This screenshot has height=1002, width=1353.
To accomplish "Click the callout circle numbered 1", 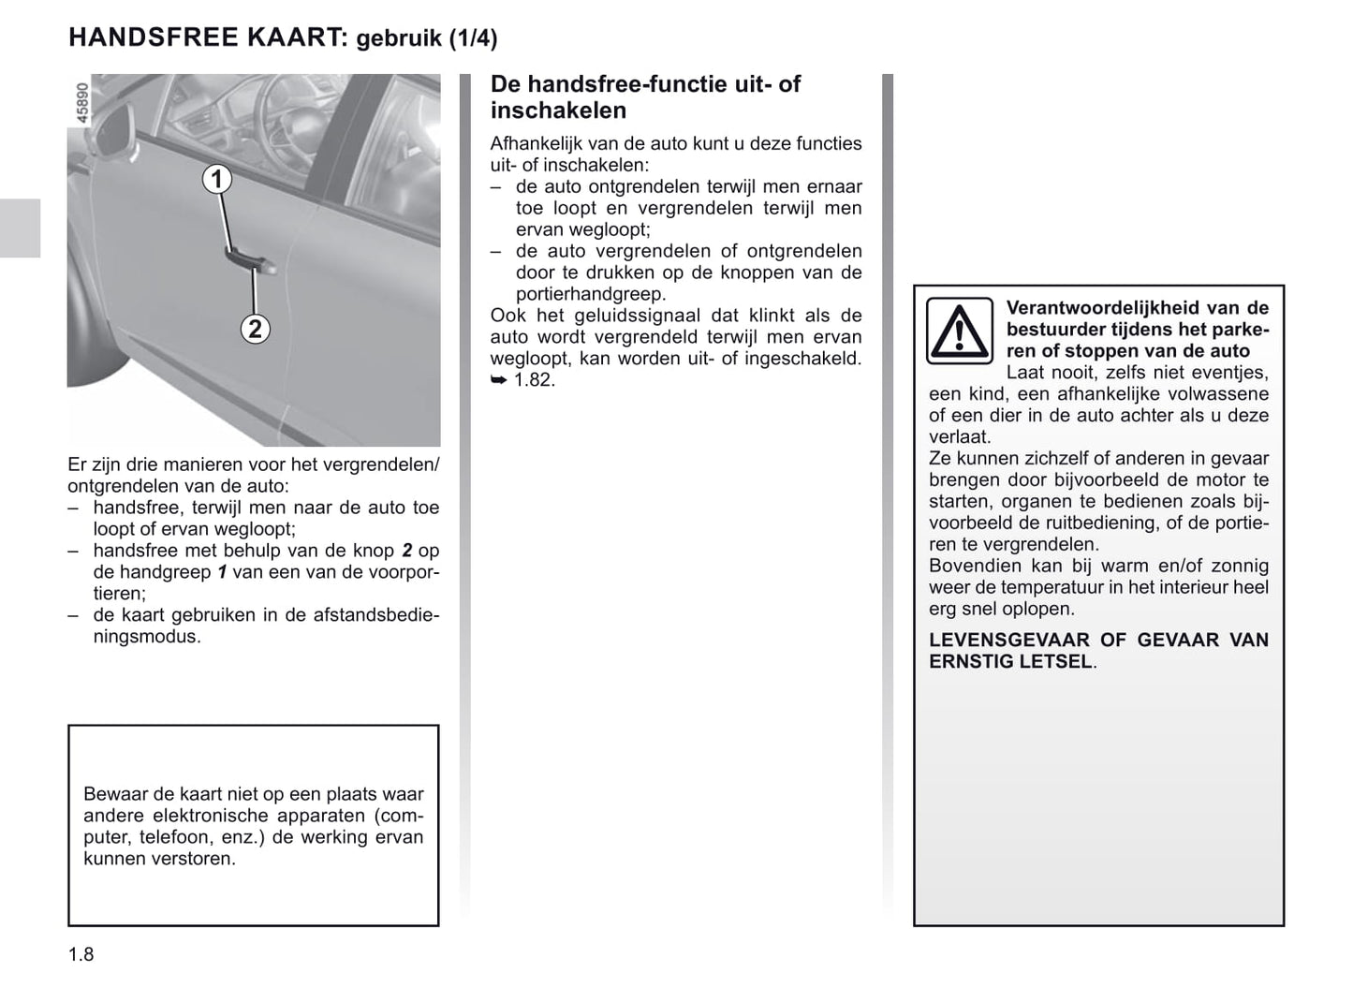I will point(217,179).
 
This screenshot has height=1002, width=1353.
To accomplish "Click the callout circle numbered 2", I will point(255,329).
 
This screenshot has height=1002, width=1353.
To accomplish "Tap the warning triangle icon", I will point(960,331).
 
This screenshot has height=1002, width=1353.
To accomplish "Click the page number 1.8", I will point(81,954).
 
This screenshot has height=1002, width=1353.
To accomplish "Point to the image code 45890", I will point(81,103).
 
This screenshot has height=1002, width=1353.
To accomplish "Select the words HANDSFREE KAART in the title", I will point(208,37).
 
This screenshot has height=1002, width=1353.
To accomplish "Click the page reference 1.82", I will point(534,380).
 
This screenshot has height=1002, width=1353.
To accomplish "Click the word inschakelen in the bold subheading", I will point(558,111).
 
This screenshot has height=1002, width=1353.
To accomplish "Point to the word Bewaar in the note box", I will point(113,794).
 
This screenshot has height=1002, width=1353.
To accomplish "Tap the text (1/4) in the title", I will point(472,38).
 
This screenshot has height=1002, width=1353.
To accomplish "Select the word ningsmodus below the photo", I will point(147,637).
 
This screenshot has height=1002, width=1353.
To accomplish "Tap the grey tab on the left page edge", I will point(20,228).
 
